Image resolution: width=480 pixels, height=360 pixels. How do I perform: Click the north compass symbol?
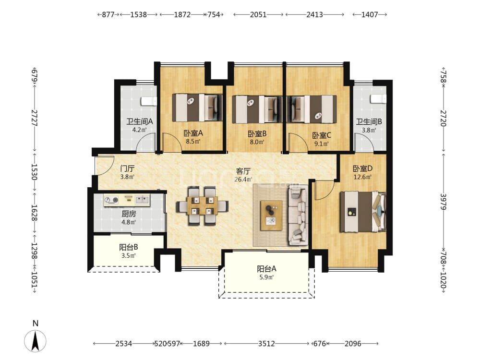tap(35, 341)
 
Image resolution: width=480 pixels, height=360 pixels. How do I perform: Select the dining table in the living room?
tap(202, 206)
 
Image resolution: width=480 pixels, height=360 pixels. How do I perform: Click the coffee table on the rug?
tap(271, 216)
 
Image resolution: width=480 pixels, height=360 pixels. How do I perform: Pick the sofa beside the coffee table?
tap(298, 217)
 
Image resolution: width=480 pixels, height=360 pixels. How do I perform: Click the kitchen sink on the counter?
tap(143, 200)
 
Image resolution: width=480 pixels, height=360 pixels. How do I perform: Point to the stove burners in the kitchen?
tap(111, 200)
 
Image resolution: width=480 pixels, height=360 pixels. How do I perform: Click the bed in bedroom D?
tap(363, 212)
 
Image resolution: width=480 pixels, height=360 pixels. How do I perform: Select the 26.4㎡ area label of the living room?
tap(243, 180)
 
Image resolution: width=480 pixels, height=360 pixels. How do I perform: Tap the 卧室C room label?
tap(322, 135)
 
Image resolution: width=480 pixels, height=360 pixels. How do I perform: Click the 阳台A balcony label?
tap(266, 269)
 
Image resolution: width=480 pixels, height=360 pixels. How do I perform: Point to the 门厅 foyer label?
tap(127, 168)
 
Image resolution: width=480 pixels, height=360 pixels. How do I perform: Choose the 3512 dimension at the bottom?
tap(266, 344)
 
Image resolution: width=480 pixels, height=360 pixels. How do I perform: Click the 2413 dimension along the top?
tap(315, 14)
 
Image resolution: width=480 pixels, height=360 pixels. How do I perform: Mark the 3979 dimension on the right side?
tap(444, 202)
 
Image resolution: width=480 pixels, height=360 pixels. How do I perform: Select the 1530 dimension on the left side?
tap(34, 172)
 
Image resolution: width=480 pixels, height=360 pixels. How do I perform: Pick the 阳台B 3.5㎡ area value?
tap(128, 256)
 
